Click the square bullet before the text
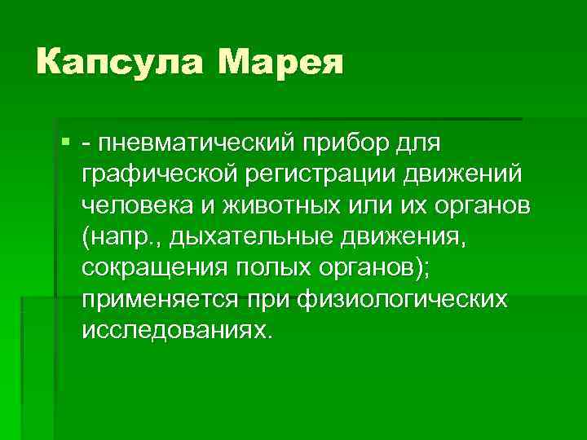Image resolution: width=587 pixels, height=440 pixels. [x=65, y=143]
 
